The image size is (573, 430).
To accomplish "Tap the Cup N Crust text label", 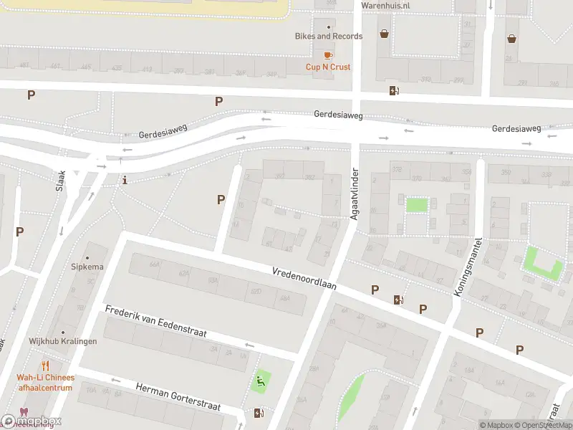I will pyautogui.click(x=328, y=67).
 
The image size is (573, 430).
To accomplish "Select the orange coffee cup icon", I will pyautogui.click(x=328, y=54).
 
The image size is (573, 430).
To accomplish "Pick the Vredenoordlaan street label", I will pyautogui.click(x=304, y=279).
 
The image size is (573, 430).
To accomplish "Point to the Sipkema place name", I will pyautogui.click(x=87, y=267).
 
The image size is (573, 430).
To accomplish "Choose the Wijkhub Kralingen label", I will pyautogui.click(x=63, y=341).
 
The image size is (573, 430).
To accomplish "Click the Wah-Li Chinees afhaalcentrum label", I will pyautogui.click(x=45, y=383).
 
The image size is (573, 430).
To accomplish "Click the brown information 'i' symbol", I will pyautogui.click(x=125, y=180).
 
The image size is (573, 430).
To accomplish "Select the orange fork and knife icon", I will pyautogui.click(x=47, y=365).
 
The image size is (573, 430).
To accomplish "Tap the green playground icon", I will pyautogui.click(x=261, y=381).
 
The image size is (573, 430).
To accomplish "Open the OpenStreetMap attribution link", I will pyautogui.click(x=538, y=425).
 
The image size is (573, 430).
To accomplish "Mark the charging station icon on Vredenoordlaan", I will pyautogui.click(x=398, y=300).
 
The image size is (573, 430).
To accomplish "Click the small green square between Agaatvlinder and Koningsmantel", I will pyautogui.click(x=416, y=204).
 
